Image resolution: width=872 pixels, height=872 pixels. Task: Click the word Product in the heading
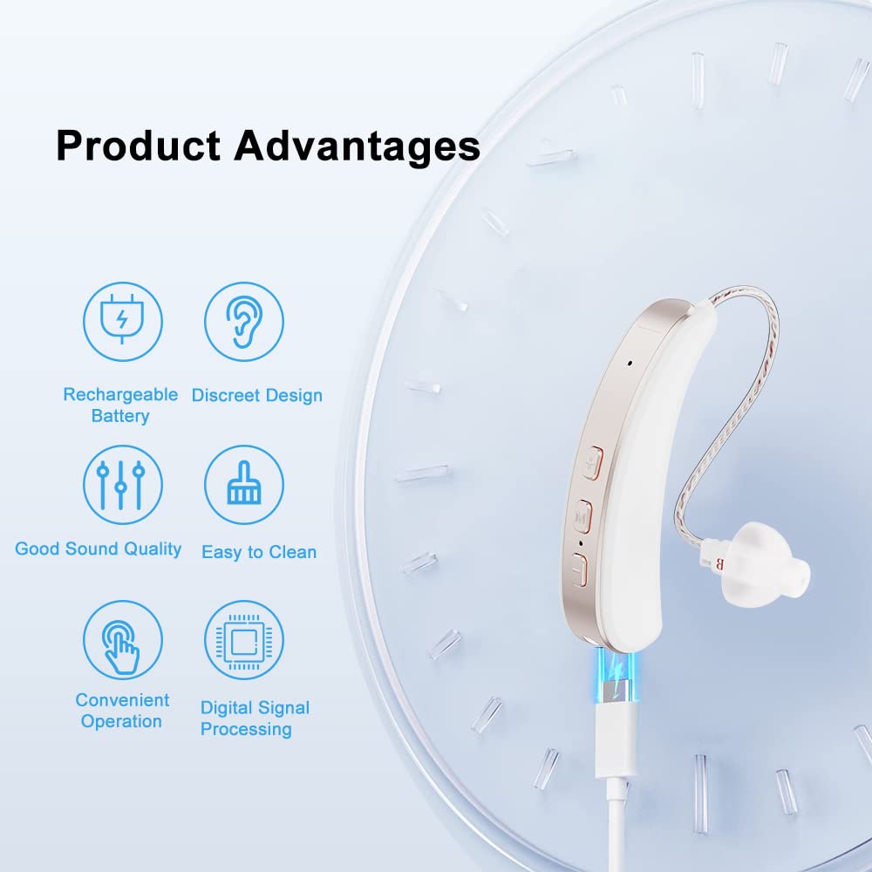click(x=138, y=146)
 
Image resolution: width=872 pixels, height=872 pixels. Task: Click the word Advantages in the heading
click(x=357, y=146)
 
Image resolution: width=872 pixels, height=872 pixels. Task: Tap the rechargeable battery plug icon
click(x=123, y=322)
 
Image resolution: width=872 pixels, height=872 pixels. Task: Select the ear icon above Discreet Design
click(x=244, y=322)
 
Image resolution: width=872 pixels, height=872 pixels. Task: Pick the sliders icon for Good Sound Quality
click(x=123, y=484)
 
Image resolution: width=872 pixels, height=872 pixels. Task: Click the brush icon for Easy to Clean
click(x=244, y=484)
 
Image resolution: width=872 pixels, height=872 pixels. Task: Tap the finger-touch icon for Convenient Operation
click(x=123, y=639)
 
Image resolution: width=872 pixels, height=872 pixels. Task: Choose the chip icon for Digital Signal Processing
click(x=244, y=639)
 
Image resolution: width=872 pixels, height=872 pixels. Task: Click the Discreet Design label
click(x=257, y=395)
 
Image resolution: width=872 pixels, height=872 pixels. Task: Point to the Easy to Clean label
click(x=259, y=552)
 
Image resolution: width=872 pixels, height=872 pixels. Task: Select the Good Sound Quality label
click(x=98, y=548)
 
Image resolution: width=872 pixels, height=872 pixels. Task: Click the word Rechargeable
click(x=120, y=395)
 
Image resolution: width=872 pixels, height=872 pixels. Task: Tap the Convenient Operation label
click(x=122, y=711)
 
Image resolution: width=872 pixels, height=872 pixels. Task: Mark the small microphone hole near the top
click(x=630, y=363)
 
